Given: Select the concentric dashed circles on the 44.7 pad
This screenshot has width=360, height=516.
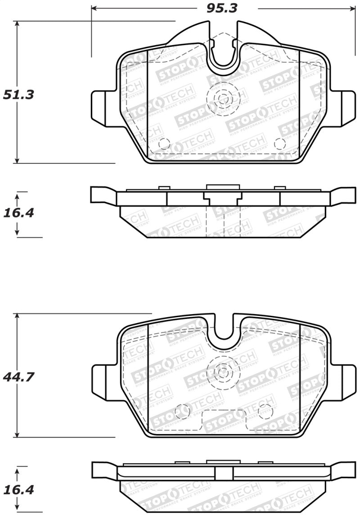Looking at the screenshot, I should click(221, 371).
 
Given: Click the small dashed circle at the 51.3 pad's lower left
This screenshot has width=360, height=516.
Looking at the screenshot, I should click(165, 144).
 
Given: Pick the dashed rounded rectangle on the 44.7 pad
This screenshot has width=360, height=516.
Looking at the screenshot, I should click(224, 421).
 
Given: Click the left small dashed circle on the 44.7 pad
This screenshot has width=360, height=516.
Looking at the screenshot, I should click(182, 410).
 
